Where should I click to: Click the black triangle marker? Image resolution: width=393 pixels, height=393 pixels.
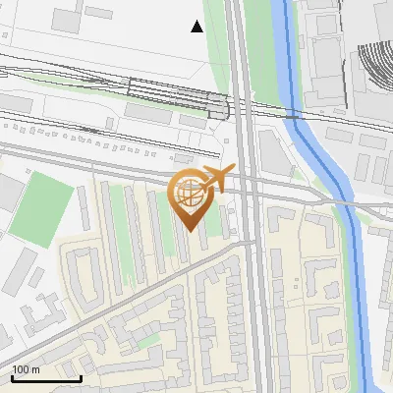[x=197, y=27]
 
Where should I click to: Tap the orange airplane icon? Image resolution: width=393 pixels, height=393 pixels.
[x=216, y=179]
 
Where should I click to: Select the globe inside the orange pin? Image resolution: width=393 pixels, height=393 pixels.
[x=189, y=195]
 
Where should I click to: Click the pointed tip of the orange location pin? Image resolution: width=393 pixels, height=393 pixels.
[x=189, y=230]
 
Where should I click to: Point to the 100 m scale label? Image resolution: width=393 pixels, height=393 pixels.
[x=26, y=369]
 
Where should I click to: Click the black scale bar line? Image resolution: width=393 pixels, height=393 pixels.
[x=46, y=378]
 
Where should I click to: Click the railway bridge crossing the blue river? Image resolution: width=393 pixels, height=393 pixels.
[x=292, y=116]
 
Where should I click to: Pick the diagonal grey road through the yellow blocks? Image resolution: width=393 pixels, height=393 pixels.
[x=128, y=294]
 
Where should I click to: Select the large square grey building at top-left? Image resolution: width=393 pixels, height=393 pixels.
[x=66, y=19]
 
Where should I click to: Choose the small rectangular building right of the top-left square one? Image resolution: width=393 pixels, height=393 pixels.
[x=99, y=13]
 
